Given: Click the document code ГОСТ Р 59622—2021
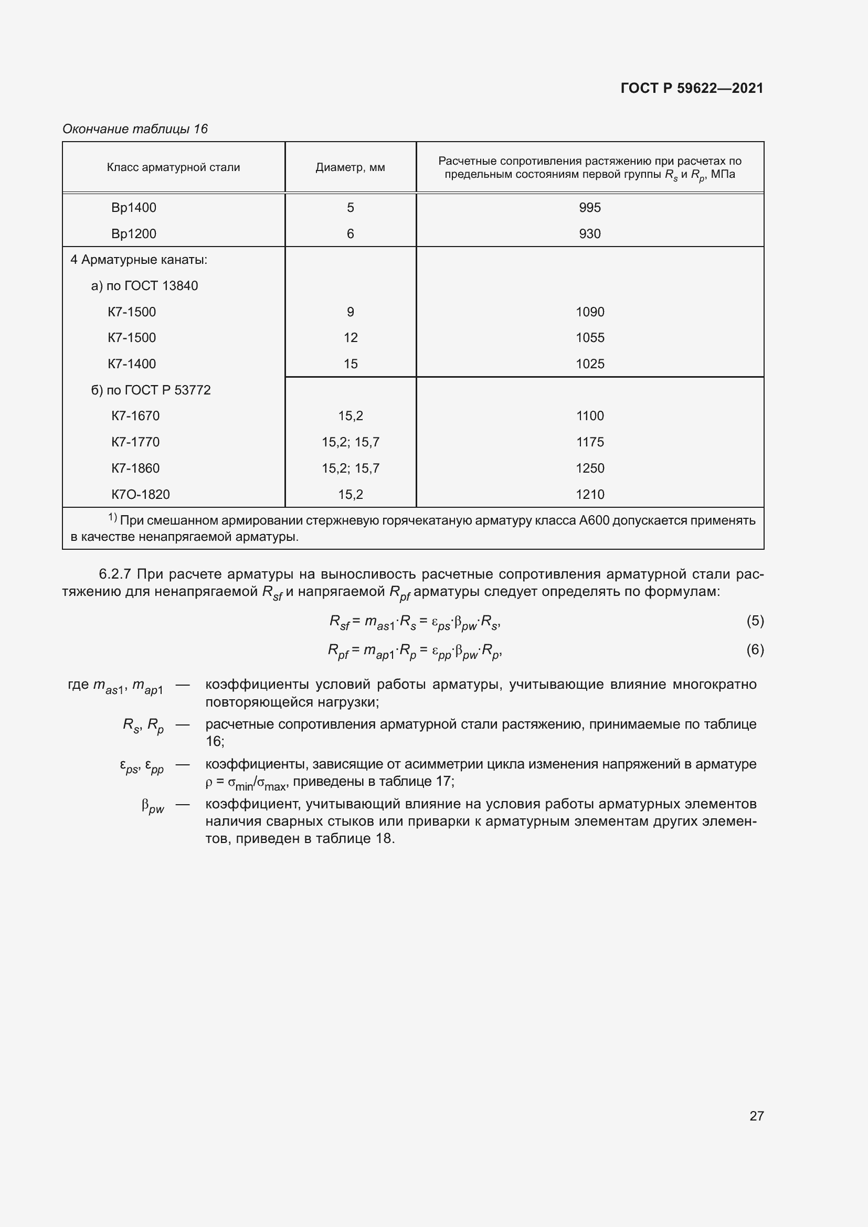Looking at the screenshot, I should point(692,88).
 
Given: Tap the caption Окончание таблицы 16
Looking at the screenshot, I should point(135,129).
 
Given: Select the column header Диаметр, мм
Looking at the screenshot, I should point(350,167).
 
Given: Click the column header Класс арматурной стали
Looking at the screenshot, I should point(173,167).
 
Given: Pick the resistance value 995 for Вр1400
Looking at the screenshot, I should point(589,207).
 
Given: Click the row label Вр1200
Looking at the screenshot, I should point(134,233).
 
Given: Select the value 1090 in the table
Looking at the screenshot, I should point(589,312).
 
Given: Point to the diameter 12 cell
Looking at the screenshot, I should point(350,338).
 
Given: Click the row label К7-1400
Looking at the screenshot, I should point(132,364).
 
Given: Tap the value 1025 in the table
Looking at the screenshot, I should point(589,364).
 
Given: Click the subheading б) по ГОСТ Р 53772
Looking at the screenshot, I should point(151,390).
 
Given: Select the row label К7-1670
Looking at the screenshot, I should point(135,416).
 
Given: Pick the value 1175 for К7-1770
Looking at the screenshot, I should point(589,442).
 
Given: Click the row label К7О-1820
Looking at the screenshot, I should point(141,494).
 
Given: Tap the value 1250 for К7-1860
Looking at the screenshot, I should point(589,468).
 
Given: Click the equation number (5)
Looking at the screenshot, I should point(755,621).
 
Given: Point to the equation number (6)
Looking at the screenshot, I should point(755,649).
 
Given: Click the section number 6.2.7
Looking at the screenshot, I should point(114,574).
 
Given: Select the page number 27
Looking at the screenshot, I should point(756,1116).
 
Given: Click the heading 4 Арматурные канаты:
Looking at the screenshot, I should point(139,260).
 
